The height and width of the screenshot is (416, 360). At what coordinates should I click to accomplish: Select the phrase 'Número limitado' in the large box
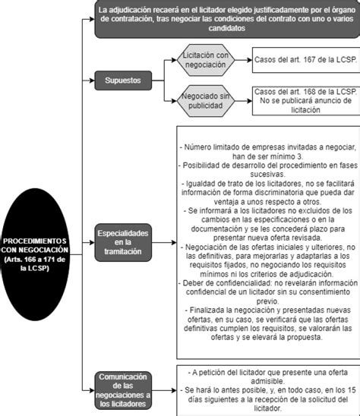[217, 147]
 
